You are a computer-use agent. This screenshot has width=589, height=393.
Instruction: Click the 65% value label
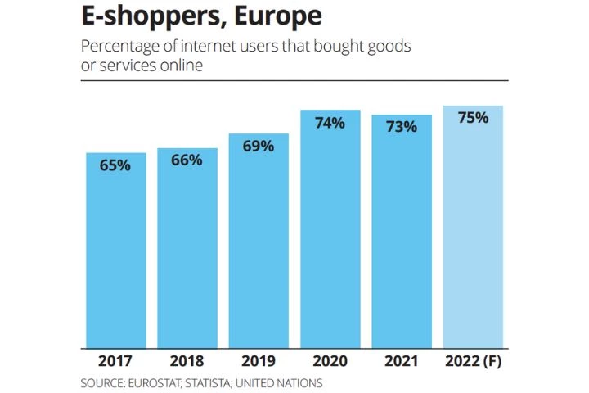coord(115,165)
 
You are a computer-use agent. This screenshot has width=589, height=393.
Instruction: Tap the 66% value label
coord(187,160)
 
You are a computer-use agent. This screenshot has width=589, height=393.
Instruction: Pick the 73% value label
coord(402,127)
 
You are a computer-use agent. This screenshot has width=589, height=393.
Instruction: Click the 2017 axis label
coord(115,360)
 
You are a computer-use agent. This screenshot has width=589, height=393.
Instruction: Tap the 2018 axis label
coord(187,360)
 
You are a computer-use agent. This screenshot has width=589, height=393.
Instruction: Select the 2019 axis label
coord(259,360)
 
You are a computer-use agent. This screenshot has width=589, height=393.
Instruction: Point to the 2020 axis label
coord(330,360)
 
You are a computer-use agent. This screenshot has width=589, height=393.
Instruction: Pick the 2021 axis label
coord(402,360)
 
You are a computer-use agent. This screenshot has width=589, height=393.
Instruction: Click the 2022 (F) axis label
coord(473,360)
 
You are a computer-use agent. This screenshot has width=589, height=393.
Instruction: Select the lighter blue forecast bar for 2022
coord(473,237)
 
